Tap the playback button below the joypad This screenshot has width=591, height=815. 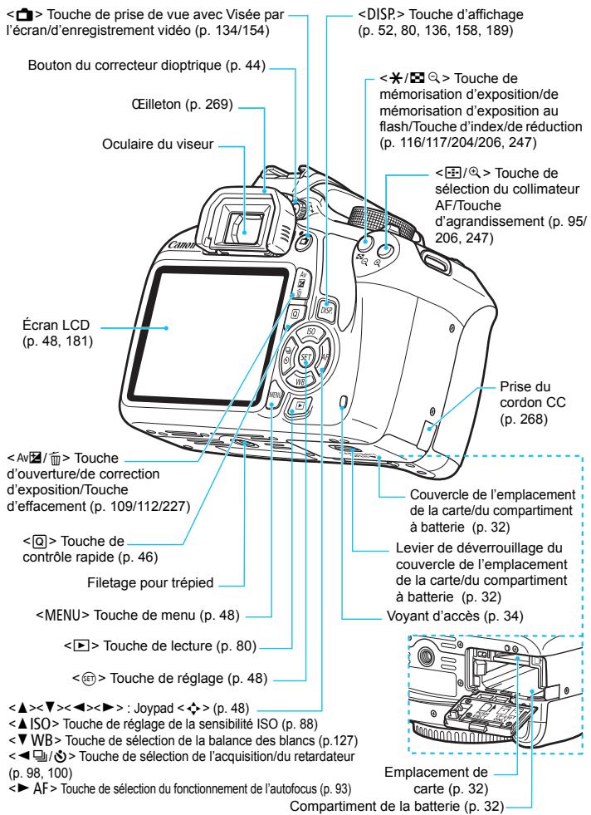[x=297, y=385]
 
